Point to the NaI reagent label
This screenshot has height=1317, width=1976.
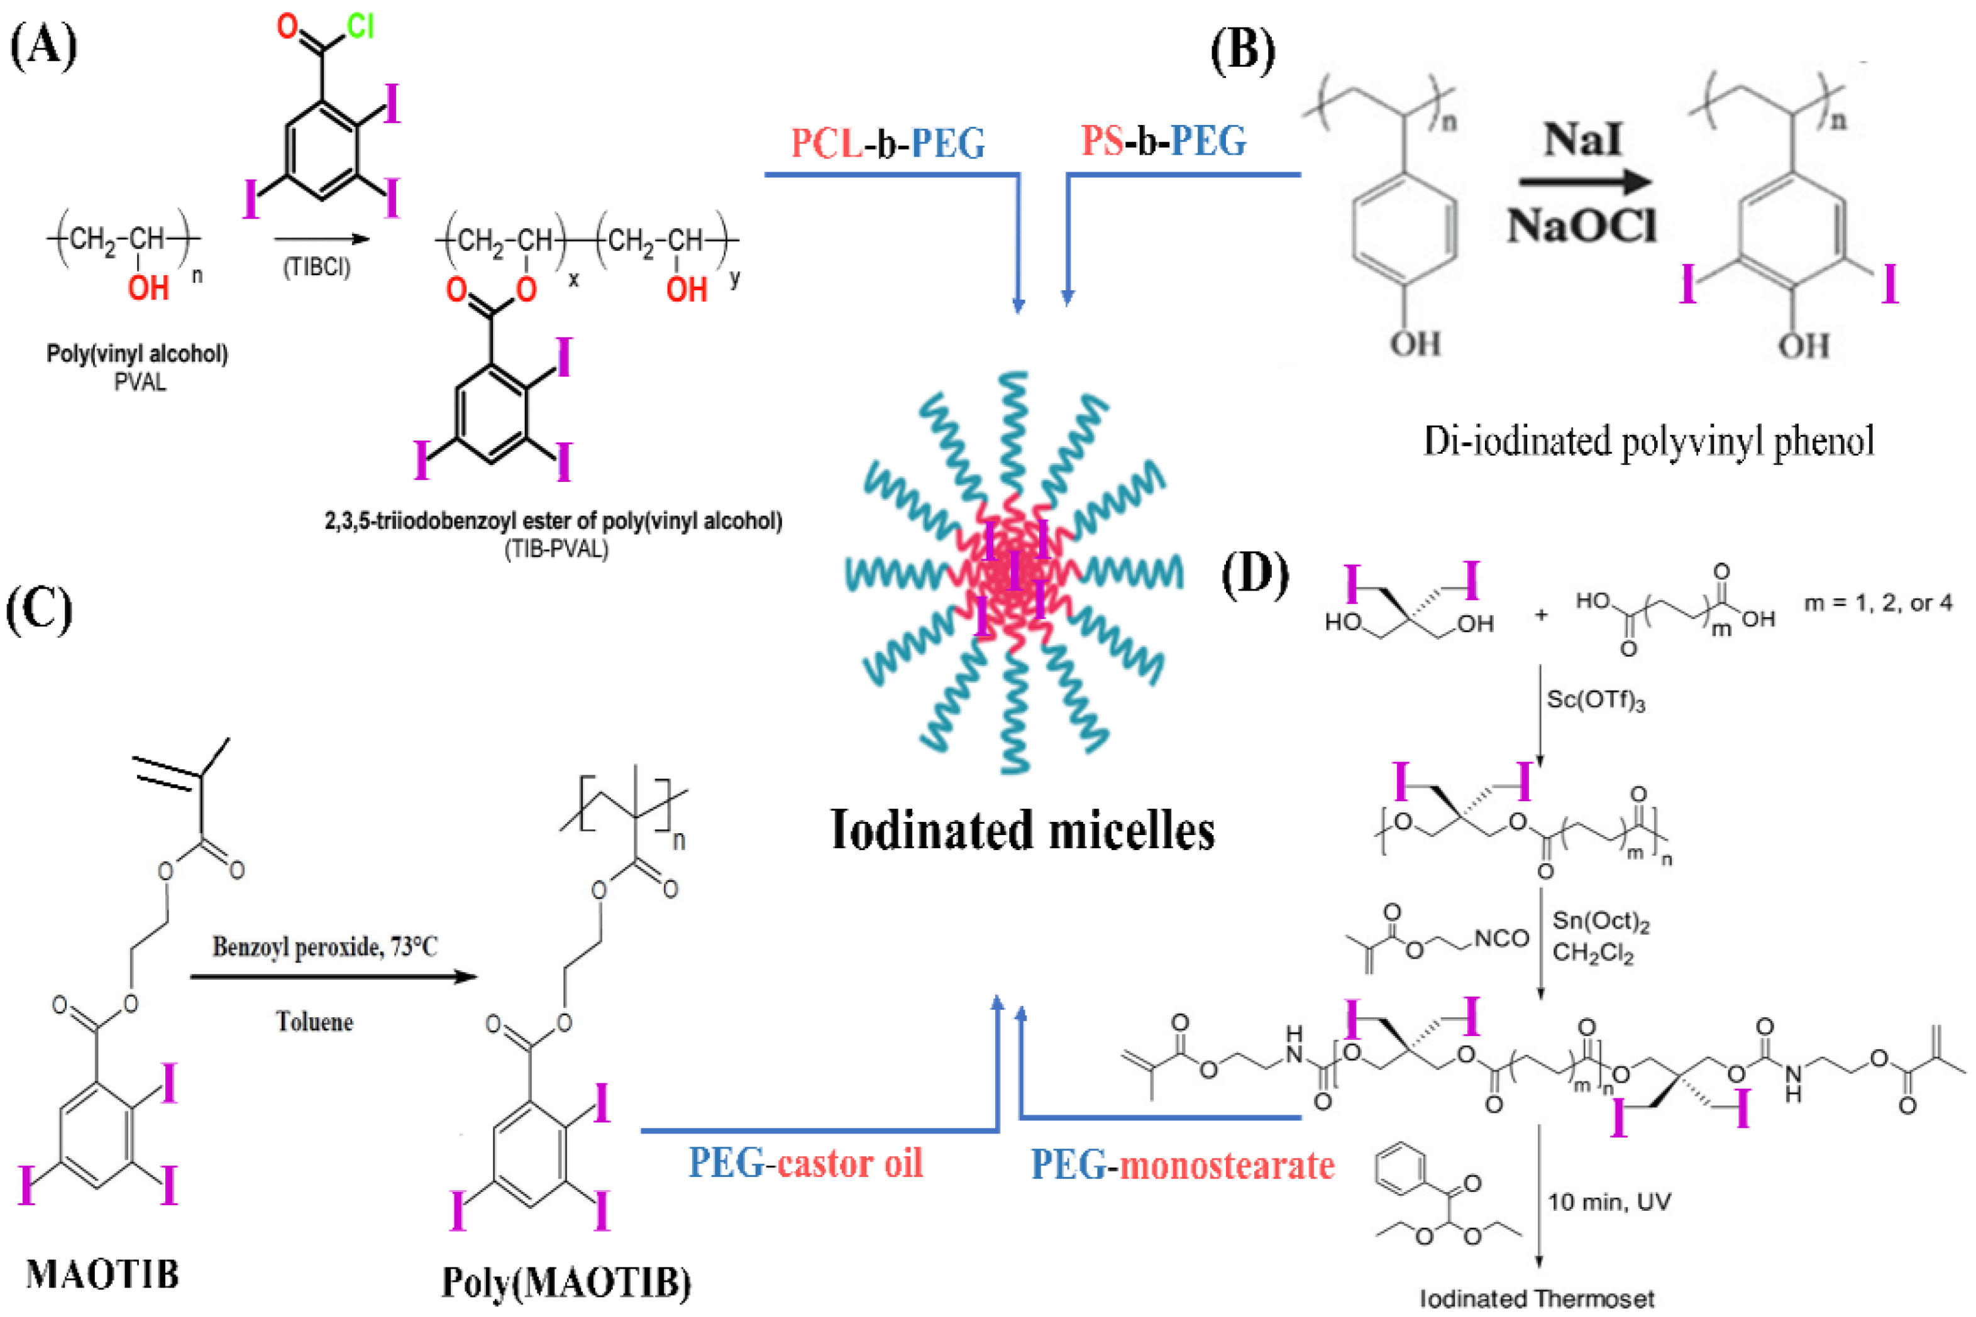coord(1583,139)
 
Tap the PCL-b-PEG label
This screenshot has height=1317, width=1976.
coord(888,143)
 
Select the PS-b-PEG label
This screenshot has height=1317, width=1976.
coord(1164,141)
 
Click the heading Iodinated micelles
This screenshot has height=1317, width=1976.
coord(1022,831)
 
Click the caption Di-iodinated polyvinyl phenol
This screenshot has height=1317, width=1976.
coord(1648,441)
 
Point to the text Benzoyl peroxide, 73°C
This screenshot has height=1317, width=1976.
coord(325,948)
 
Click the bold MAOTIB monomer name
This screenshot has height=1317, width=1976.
coord(102,1274)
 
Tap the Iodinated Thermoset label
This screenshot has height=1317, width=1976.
coord(1537,1299)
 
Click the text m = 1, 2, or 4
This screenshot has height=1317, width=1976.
coord(1879,603)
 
